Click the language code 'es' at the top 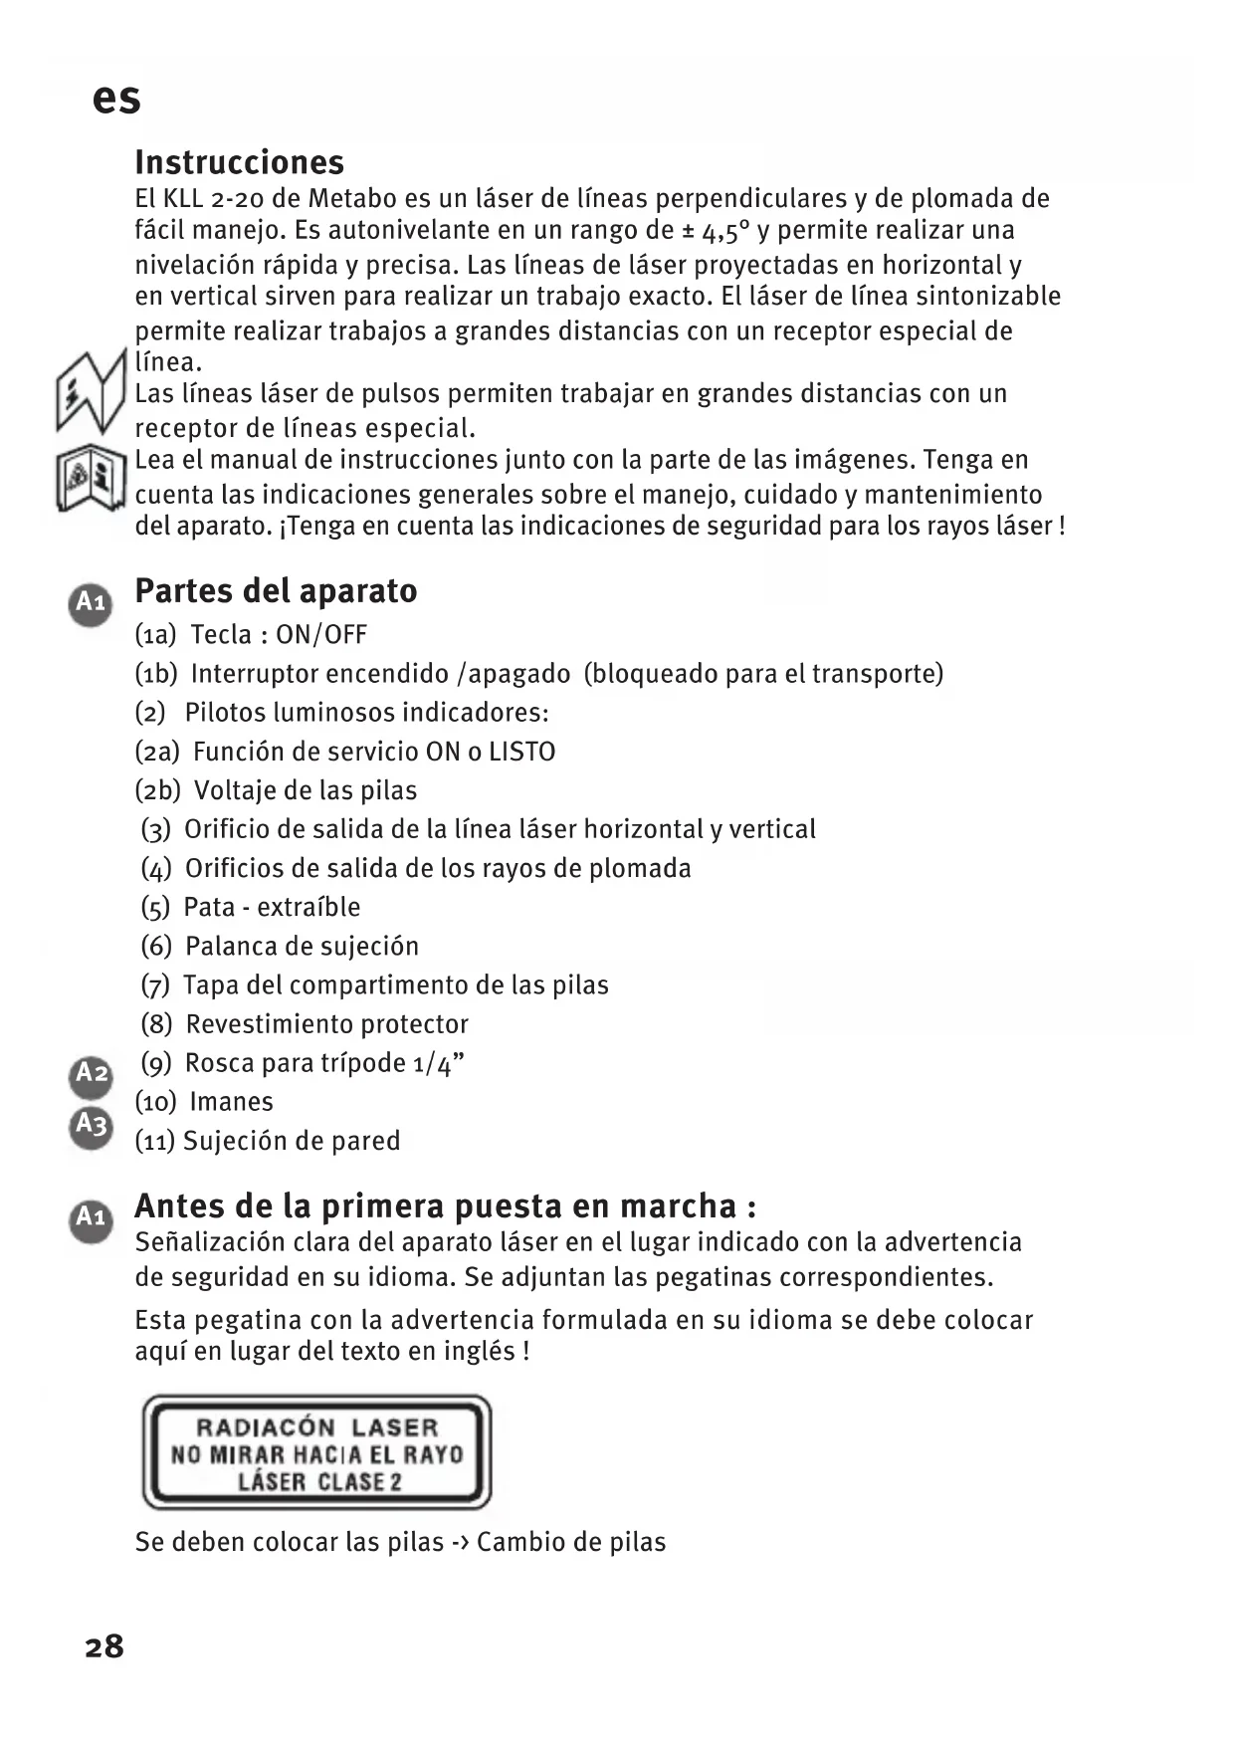(116, 99)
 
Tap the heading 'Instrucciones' (240, 162)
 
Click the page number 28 (104, 1645)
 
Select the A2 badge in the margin (92, 1074)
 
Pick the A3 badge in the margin (92, 1126)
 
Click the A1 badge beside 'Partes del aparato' (91, 602)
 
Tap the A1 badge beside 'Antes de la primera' (91, 1217)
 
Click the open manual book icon (91, 477)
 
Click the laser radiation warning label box (317, 1452)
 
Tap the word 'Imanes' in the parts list (231, 1102)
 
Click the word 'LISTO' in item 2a (521, 752)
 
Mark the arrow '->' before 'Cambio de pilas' (460, 1542)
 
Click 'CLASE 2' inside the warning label (359, 1481)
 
